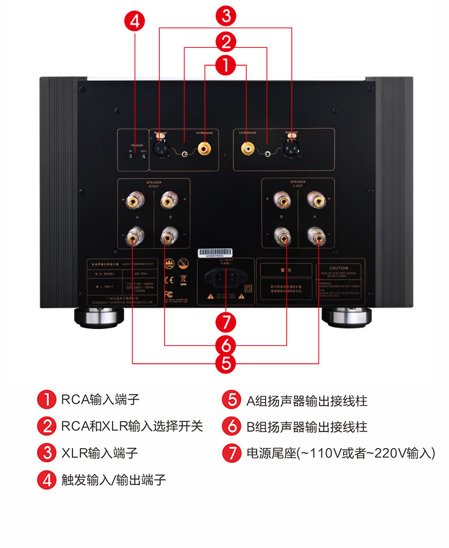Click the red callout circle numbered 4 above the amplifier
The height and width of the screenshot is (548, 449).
pos(135,22)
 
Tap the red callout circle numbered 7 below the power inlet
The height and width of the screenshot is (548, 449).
pos(225,322)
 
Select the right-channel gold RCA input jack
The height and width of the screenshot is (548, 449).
pos(205,146)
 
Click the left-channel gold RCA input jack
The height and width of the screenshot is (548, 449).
pos(247,146)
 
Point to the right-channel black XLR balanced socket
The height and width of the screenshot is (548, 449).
pos(160,147)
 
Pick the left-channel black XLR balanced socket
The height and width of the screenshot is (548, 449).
pos(292,147)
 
